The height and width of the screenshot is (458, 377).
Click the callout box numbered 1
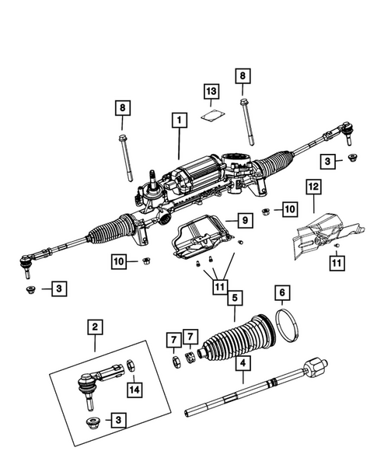tap(179, 121)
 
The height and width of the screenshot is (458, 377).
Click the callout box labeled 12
tap(312, 187)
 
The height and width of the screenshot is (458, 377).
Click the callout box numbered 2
tap(94, 329)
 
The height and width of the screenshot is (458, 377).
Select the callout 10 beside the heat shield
tap(290, 209)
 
